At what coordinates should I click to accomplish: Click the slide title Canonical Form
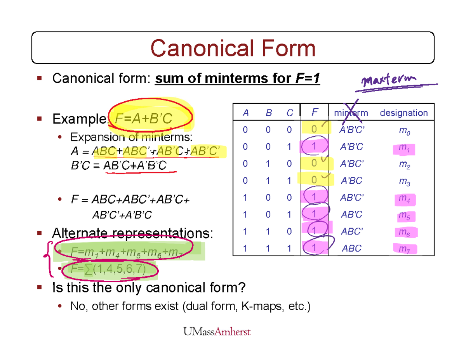pyautogui.click(x=233, y=49)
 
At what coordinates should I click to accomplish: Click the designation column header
pyautogui.click(x=404, y=113)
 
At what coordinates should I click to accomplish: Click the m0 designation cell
pyautogui.click(x=404, y=131)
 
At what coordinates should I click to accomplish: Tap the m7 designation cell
pyautogui.click(x=404, y=249)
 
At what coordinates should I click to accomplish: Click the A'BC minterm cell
pyautogui.click(x=351, y=181)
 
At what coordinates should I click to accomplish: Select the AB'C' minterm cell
pyautogui.click(x=351, y=198)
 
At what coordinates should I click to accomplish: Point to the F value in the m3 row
pyautogui.click(x=314, y=181)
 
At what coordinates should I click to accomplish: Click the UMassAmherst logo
pyautogui.click(x=217, y=331)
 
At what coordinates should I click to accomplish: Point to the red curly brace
pyautogui.click(x=49, y=260)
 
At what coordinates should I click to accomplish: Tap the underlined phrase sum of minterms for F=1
pyautogui.click(x=237, y=79)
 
